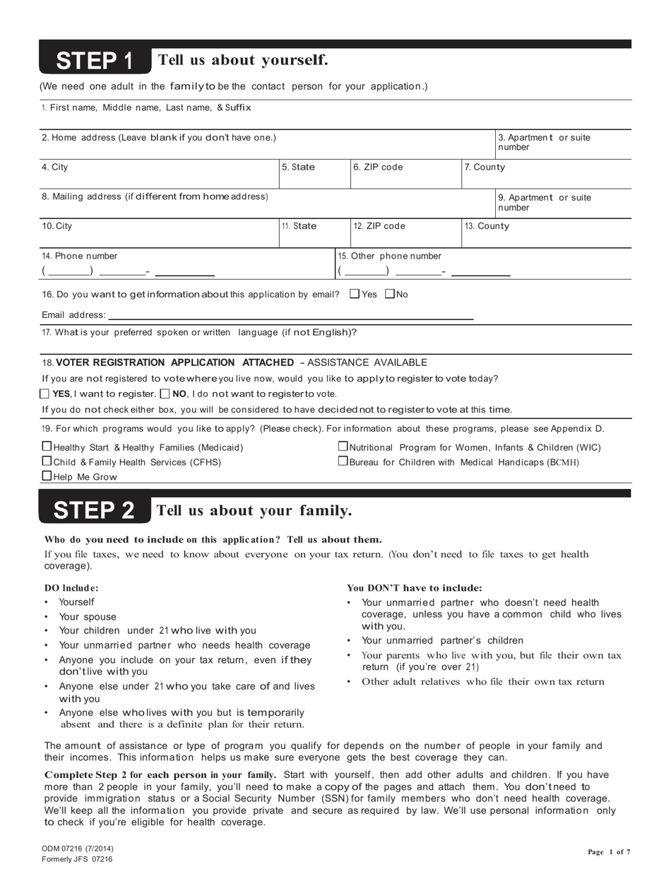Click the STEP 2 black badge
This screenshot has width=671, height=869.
pos(95,510)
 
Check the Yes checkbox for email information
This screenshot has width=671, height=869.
pos(355,294)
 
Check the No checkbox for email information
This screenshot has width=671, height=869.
pos(390,294)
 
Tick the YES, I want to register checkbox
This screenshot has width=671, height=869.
pos(46,394)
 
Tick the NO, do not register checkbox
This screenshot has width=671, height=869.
pos(166,394)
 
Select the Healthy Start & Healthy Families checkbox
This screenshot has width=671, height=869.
pos(47,447)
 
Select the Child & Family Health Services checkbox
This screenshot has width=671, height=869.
pos(47,461)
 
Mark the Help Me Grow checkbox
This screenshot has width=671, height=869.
pos(47,476)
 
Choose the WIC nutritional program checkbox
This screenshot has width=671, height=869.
pos(343,447)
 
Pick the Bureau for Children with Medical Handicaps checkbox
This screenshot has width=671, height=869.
pos(343,461)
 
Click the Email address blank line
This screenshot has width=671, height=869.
pos(290,317)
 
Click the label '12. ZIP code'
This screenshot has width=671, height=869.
pos(379,226)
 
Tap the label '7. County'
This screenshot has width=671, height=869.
pos(485,167)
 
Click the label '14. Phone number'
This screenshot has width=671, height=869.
pos(80,256)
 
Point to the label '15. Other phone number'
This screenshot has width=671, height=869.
pos(389,256)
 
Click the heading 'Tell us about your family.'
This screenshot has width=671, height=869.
pos(254,510)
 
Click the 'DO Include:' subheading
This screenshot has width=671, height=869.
pos(72,587)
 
